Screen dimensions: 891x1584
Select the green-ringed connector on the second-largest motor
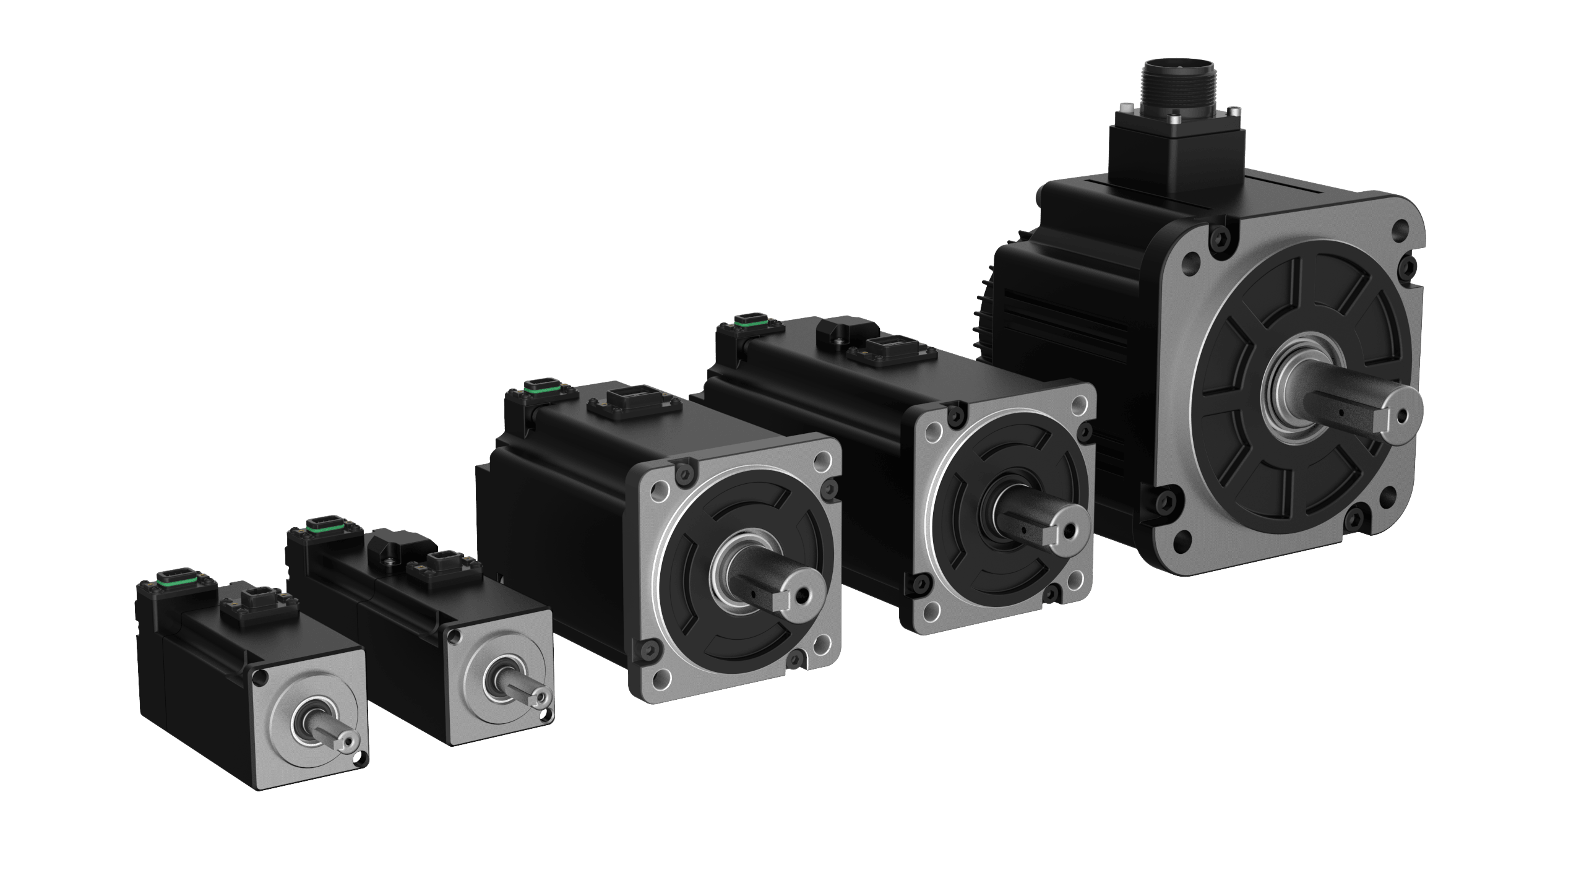(749, 321)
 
